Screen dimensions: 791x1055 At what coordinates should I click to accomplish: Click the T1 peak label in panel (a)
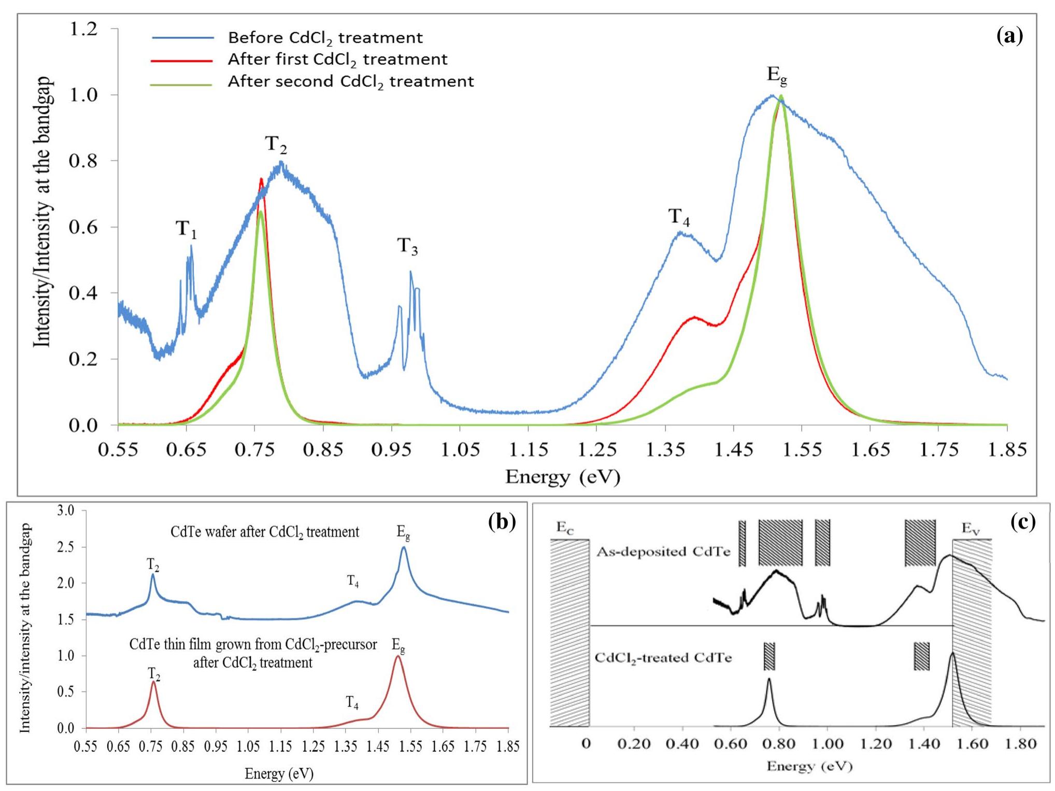[186, 229]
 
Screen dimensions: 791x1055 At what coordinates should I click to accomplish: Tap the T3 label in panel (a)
[407, 246]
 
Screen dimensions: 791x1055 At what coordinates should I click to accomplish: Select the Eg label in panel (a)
[777, 76]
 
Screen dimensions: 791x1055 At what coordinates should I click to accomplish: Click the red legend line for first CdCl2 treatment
[182, 61]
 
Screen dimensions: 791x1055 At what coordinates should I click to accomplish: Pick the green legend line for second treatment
[182, 83]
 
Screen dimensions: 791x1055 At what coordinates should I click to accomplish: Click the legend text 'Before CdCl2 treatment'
[325, 38]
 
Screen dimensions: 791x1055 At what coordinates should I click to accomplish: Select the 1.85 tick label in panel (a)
[1007, 449]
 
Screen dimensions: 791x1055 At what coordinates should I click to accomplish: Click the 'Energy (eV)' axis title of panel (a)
[563, 476]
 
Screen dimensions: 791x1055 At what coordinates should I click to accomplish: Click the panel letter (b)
[502, 521]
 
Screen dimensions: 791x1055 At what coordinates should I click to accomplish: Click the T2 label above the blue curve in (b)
[153, 564]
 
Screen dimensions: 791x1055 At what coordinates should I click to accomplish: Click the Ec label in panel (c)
[565, 528]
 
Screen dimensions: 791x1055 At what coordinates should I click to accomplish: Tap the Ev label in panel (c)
[971, 528]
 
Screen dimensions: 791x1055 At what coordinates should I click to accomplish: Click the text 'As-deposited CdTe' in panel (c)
[663, 552]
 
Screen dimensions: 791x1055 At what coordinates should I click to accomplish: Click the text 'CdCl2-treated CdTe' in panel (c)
[663, 658]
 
